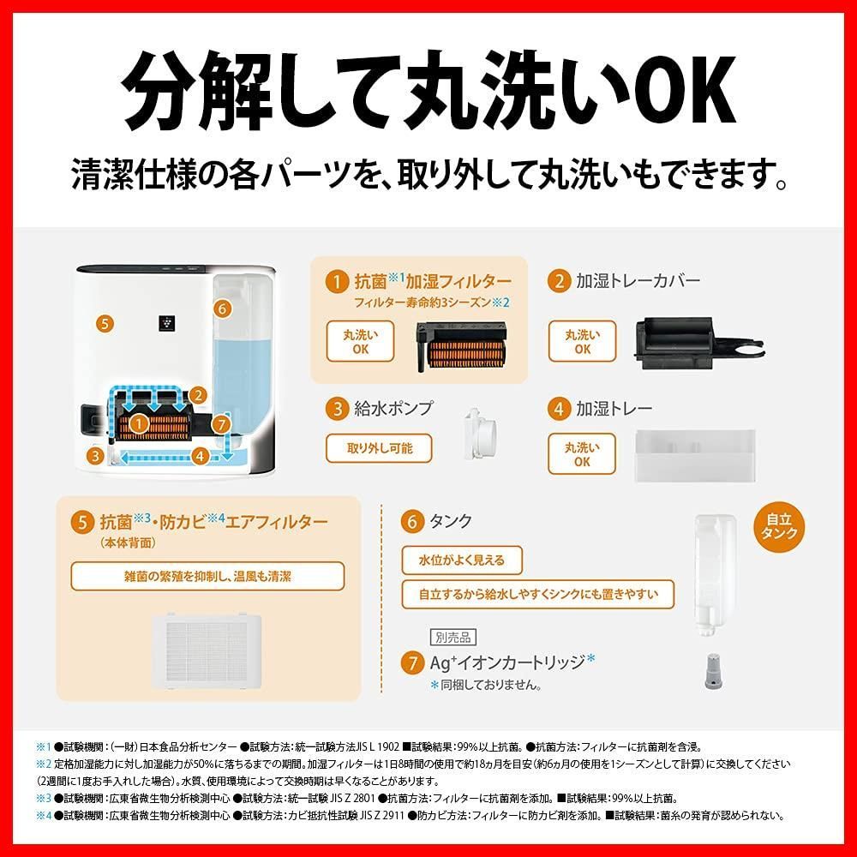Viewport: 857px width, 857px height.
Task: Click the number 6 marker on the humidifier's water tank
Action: click(222, 309)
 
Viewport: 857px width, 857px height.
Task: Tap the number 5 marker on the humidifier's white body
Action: click(105, 324)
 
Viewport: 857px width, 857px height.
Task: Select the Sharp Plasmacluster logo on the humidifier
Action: click(167, 322)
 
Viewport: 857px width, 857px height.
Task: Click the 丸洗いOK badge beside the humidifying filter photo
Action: click(360, 342)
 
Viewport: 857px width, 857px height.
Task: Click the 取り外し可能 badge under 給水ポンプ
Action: click(379, 448)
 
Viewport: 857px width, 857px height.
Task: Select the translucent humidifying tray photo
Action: click(695, 456)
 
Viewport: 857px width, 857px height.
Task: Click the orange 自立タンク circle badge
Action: click(779, 527)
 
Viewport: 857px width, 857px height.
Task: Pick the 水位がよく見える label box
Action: click(462, 560)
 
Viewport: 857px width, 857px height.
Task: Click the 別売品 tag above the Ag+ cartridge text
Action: click(453, 638)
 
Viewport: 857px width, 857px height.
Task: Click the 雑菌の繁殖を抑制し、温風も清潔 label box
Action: click(207, 577)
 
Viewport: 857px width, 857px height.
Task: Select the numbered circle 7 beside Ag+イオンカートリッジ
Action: click(412, 663)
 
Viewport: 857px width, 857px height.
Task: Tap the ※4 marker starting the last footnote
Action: click(44, 816)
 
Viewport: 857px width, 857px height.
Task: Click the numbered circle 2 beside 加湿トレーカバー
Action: click(559, 281)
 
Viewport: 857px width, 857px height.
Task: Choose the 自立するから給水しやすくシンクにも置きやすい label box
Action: click(538, 594)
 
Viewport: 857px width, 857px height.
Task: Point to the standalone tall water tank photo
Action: click(715, 575)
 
